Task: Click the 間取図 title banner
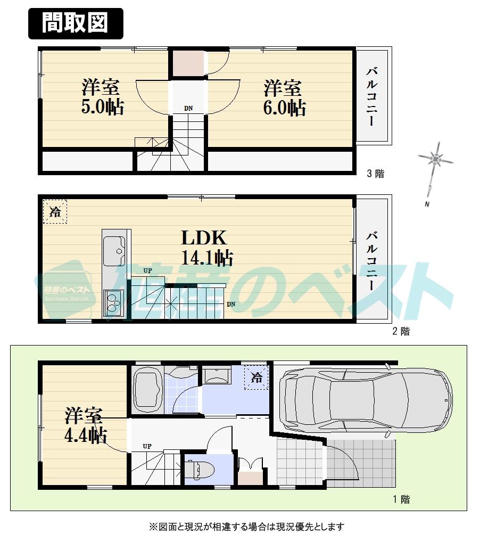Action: tap(75, 23)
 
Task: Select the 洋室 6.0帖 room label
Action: tap(284, 97)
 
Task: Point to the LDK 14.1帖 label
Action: tap(206, 248)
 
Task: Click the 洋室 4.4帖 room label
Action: tap(85, 425)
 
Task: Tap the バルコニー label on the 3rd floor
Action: tap(373, 96)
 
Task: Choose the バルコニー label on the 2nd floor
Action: tap(373, 259)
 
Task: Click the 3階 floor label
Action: tap(375, 173)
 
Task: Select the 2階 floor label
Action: tap(401, 331)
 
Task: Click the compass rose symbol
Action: tap(435, 159)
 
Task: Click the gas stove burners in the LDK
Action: tap(113, 303)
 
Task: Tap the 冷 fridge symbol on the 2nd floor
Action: tap(55, 211)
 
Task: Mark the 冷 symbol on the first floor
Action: tap(256, 378)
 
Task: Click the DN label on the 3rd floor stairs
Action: tap(188, 109)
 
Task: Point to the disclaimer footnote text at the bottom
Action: tap(246, 527)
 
